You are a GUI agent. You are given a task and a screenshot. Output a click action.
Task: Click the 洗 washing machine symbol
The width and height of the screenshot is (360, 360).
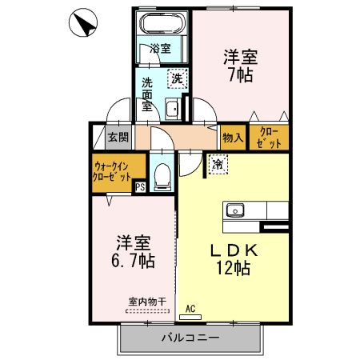[177, 78]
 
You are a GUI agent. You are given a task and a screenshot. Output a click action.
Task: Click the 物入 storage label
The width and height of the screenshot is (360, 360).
[233, 138]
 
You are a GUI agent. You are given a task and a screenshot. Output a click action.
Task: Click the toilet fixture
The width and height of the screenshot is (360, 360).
[162, 174]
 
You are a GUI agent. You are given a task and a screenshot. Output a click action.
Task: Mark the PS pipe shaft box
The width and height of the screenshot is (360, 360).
[140, 188]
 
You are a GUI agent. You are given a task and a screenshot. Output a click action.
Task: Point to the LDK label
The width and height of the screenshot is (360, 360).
[234, 250]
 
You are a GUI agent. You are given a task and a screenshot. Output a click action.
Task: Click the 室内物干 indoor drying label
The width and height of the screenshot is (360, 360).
[146, 302]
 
